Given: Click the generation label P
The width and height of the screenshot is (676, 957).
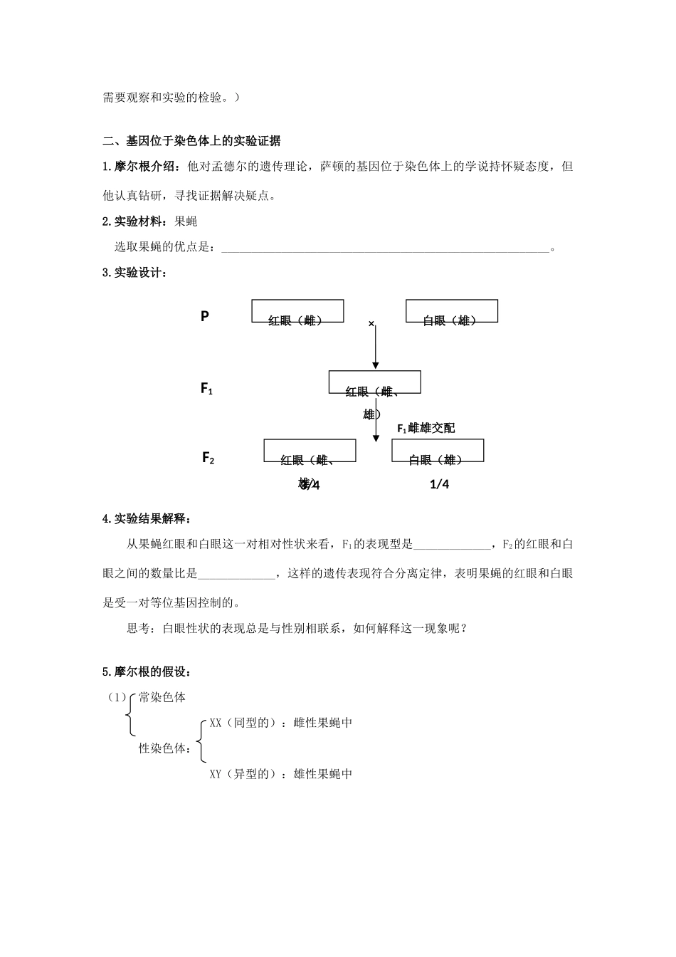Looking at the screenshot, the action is (205, 316).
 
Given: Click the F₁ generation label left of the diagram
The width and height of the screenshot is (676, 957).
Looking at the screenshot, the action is (207, 389).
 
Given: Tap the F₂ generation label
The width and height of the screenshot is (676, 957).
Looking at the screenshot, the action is (208, 458).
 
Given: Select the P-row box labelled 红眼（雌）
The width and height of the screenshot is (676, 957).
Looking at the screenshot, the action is (297, 312).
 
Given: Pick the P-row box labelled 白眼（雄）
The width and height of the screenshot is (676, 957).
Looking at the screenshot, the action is (451, 312).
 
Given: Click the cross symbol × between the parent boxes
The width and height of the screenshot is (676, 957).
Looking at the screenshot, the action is (371, 324).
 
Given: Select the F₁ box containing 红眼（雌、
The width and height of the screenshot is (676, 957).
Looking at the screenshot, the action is (374, 382).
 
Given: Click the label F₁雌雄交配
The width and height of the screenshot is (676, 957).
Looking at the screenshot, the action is (426, 428).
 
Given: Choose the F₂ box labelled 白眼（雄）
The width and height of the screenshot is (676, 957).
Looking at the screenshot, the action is (438, 451).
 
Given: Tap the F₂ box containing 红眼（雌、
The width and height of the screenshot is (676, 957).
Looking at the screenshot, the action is (310, 451).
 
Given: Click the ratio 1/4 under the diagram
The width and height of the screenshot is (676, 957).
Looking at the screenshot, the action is (440, 484).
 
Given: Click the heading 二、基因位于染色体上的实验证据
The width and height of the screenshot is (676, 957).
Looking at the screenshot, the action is (191, 140).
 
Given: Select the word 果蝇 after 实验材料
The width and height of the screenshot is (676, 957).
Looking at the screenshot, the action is (186, 221).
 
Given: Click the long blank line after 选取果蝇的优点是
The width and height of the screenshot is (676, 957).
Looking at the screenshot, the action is (385, 249).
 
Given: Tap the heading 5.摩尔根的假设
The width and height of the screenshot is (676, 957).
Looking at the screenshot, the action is (147, 671).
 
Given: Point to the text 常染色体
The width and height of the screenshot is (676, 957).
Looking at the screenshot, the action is (162, 697).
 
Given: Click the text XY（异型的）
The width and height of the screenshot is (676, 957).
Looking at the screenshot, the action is (243, 774).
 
